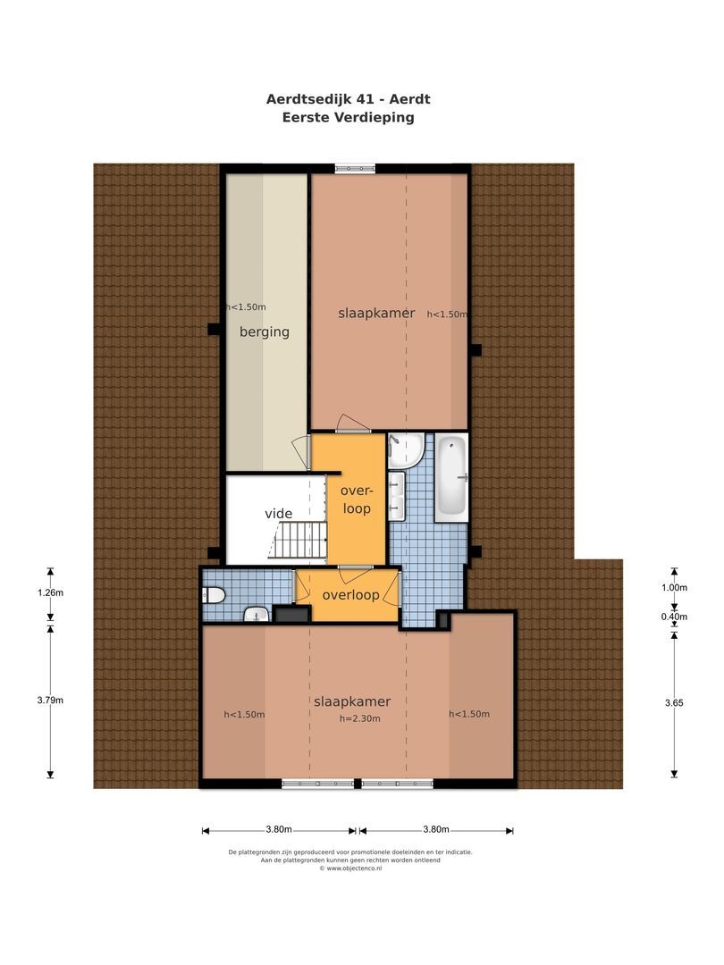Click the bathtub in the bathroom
click(450, 477)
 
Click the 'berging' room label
click(265, 331)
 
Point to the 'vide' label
click(278, 514)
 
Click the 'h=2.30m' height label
click(359, 718)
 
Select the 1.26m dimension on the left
click(51, 592)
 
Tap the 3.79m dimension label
click(51, 700)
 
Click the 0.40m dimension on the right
click(674, 617)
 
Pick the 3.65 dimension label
click(674, 703)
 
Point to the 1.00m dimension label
click(674, 588)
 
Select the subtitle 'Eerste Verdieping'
click(349, 117)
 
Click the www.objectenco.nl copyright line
click(350, 868)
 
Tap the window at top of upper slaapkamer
click(356, 169)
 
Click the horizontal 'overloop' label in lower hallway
click(350, 595)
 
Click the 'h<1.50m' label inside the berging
click(246, 306)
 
